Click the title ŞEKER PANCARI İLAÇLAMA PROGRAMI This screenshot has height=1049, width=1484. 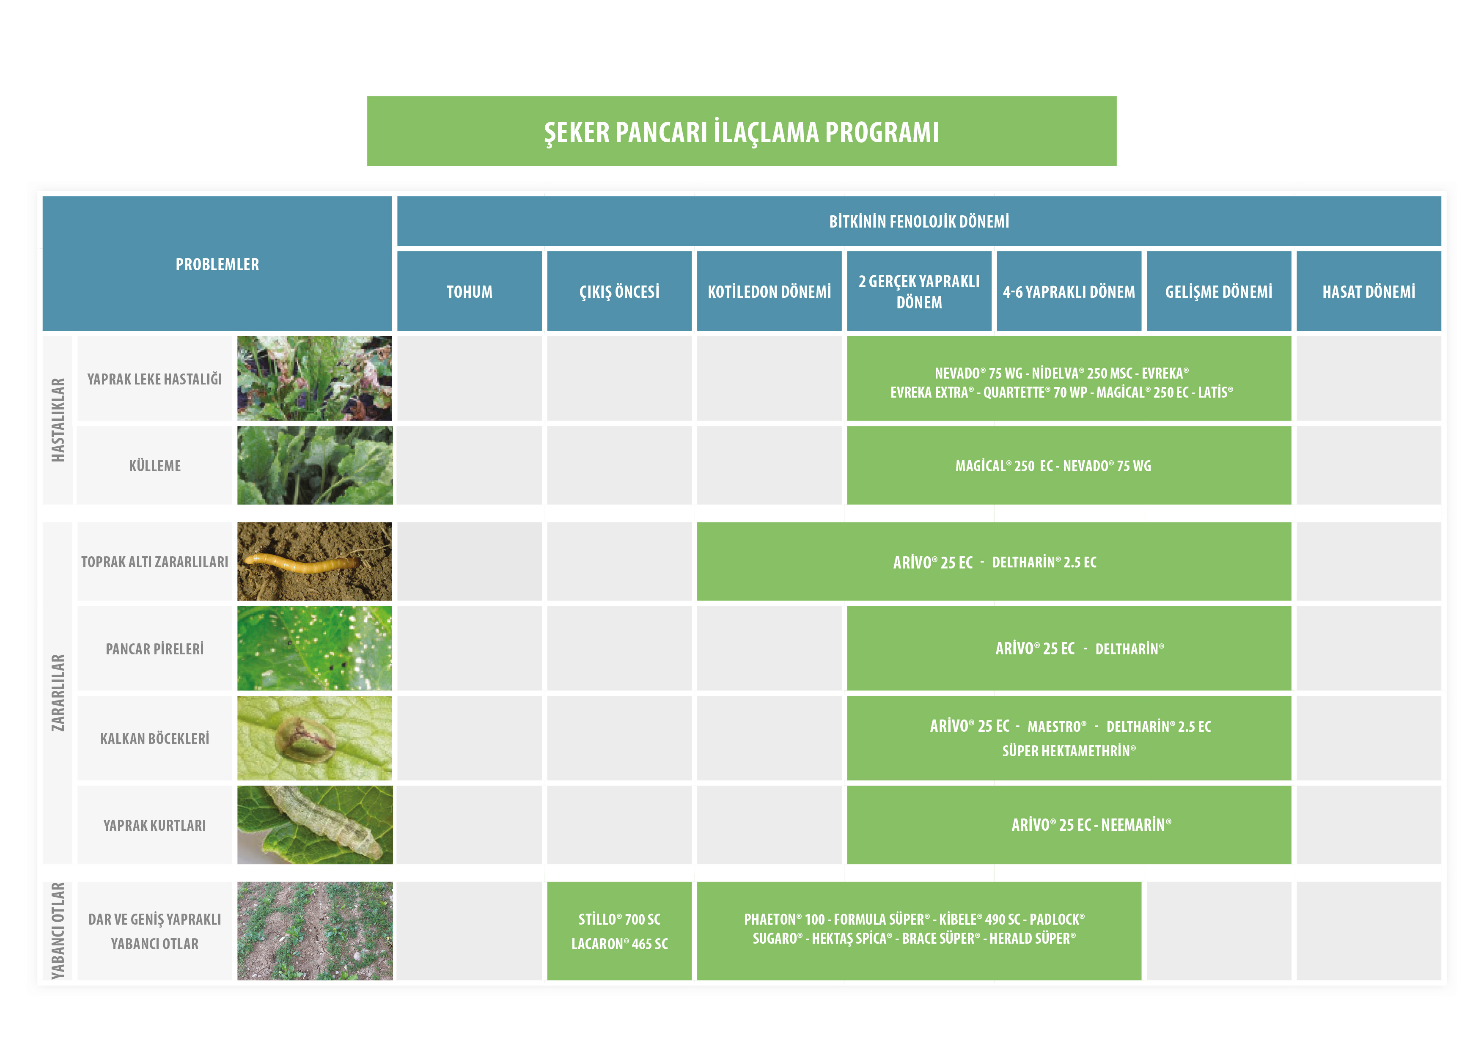(x=741, y=132)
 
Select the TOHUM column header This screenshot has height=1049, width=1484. (x=469, y=291)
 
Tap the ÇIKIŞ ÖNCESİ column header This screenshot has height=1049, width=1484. (x=619, y=291)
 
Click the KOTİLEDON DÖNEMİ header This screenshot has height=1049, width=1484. (x=769, y=291)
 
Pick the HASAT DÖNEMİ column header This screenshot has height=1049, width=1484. (x=1369, y=291)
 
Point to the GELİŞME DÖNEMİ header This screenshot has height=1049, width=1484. (x=1219, y=291)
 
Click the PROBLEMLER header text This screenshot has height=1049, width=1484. (x=217, y=264)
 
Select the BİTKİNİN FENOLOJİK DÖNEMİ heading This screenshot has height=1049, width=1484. (x=919, y=222)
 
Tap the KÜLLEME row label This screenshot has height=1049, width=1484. (x=154, y=465)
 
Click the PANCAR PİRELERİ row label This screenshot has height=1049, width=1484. (x=154, y=648)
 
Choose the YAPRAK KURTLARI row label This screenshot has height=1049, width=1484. (x=154, y=825)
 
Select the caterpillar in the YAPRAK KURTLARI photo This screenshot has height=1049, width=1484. (x=323, y=821)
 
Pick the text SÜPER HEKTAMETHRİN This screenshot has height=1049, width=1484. (x=1069, y=750)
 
